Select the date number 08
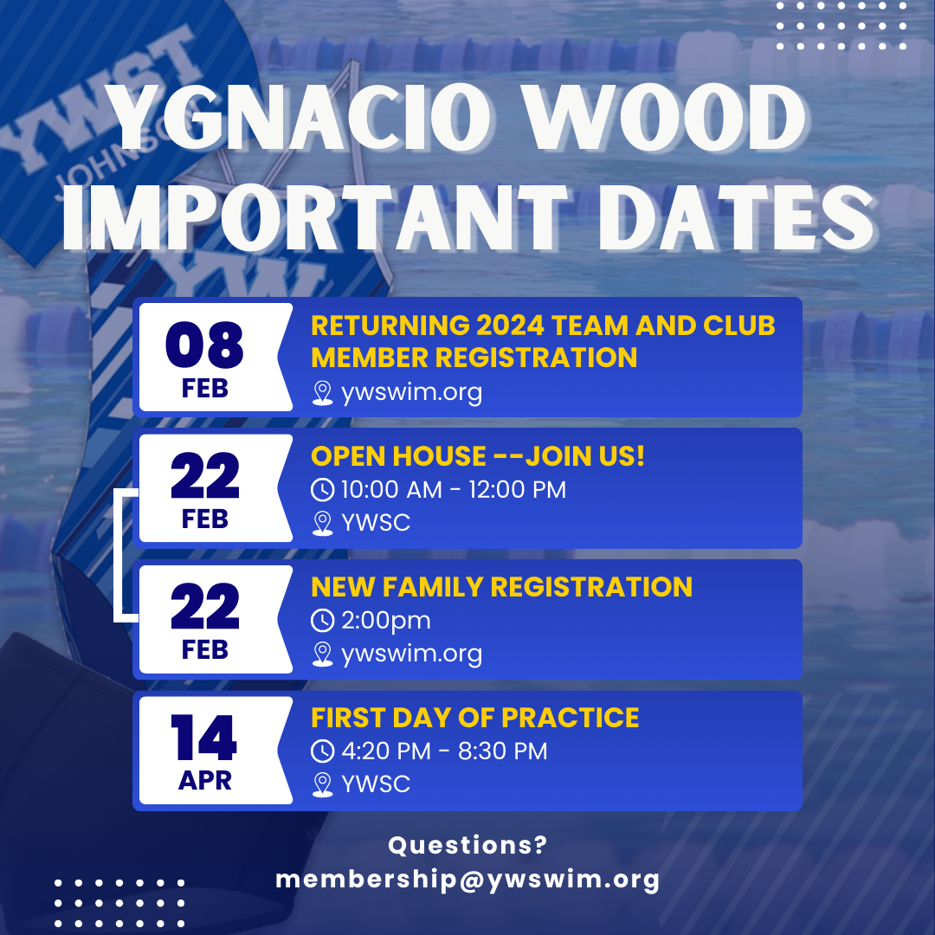[205, 344]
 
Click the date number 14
[204, 738]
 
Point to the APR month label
[204, 780]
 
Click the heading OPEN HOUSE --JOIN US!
[478, 456]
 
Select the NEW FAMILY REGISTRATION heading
[501, 587]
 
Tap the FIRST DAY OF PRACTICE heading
[474, 718]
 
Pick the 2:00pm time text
[385, 621]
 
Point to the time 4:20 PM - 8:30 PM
[444, 751]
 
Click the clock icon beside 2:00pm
[322, 621]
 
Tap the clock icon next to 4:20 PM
[322, 751]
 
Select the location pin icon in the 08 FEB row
[322, 394]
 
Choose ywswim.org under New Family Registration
[411, 654]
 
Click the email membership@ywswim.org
[467, 880]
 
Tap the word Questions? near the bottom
[467, 845]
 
